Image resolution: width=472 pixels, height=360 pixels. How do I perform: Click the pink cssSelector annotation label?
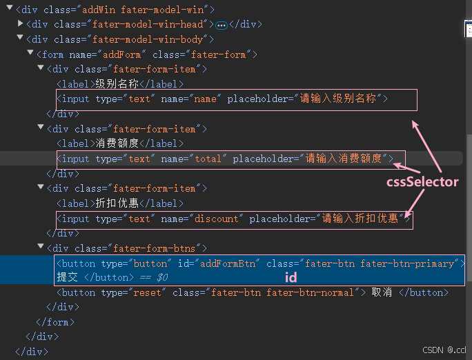point(422,182)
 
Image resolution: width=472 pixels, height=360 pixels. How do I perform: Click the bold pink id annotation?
point(291,277)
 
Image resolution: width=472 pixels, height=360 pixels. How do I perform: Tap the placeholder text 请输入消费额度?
point(343,159)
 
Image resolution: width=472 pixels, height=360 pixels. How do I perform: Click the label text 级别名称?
point(117,84)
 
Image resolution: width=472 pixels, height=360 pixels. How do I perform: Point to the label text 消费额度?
point(117,143)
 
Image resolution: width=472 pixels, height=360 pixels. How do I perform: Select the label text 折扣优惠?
point(117,203)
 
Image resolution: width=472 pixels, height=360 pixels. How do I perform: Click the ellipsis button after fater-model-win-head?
point(222,25)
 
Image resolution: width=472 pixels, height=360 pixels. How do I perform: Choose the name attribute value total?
point(208,159)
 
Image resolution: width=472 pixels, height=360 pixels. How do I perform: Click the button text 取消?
point(382,292)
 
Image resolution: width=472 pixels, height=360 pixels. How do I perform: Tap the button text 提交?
point(68,277)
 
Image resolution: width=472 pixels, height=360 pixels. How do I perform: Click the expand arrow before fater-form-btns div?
point(41,248)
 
